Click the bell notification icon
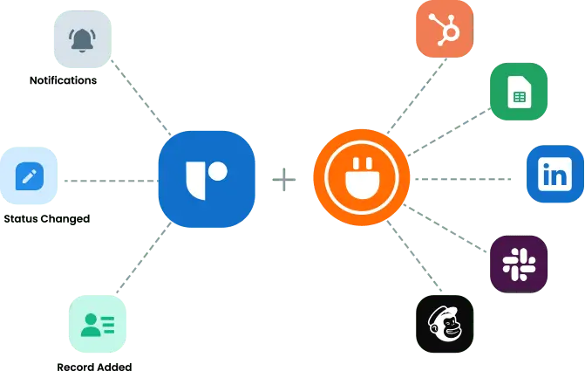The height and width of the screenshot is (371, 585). (x=83, y=38)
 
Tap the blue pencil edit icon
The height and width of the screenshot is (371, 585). (x=30, y=178)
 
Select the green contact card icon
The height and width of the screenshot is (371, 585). (x=97, y=325)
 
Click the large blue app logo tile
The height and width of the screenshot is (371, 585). (x=207, y=179)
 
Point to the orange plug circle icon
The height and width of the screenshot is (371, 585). (x=361, y=178)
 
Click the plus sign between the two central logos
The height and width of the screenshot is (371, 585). (x=284, y=181)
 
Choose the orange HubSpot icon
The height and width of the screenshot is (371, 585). (x=445, y=30)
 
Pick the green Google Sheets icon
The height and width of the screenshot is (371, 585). (x=518, y=92)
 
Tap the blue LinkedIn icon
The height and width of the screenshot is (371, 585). (x=555, y=175)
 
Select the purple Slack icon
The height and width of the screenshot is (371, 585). (x=518, y=262)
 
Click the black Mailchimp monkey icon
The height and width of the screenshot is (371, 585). (x=443, y=325)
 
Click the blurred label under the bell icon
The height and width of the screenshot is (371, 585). (x=62, y=82)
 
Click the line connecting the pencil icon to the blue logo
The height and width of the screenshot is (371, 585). (x=109, y=181)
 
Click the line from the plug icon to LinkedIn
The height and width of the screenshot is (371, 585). (x=466, y=178)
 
